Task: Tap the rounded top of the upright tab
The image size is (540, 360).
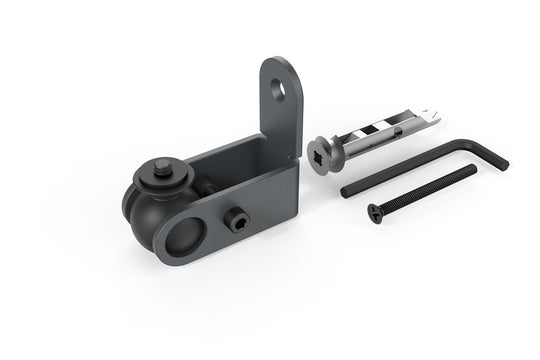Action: click(280, 63)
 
